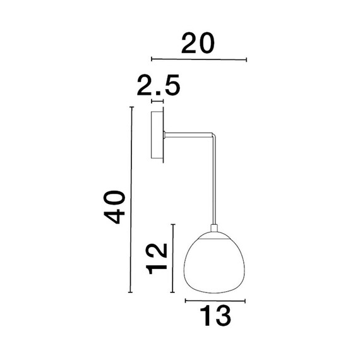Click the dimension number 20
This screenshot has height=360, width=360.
pos(198,44)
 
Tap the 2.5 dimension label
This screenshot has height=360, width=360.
pos(159,85)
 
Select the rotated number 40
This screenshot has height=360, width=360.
pos(114,207)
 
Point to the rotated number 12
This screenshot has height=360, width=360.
pos(157,259)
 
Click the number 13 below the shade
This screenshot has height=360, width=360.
pos(215,315)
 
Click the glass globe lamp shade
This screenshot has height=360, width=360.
pos(214,263)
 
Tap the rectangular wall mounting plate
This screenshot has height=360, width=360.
pos(157,135)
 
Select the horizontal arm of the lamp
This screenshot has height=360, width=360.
pos(189,135)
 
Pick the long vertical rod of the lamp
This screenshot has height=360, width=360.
pos(214,180)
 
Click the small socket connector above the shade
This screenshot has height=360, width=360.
pos(214,228)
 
